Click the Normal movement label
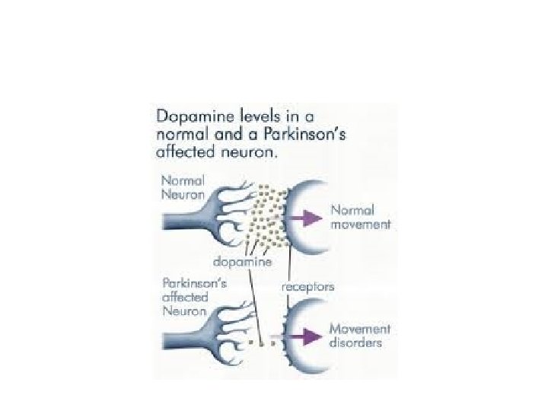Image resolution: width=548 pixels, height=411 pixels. [360, 217]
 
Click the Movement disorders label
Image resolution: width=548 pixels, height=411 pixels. [360, 336]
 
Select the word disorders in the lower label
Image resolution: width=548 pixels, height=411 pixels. [355, 343]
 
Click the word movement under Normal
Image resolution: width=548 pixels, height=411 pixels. [360, 225]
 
